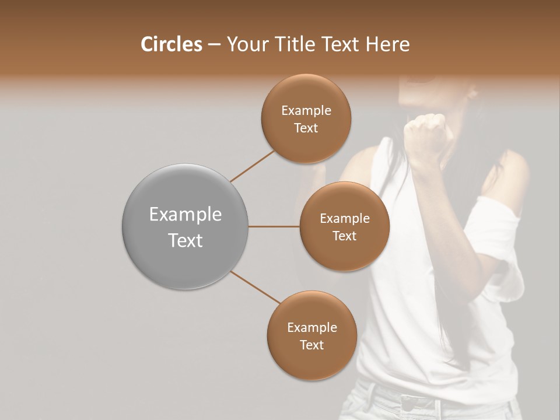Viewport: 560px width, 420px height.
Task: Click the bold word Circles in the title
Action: [x=171, y=44]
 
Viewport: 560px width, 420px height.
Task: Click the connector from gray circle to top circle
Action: [x=253, y=166]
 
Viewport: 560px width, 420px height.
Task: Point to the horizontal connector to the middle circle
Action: [x=274, y=226]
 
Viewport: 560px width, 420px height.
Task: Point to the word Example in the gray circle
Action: [x=185, y=215]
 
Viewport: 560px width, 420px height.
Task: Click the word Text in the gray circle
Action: [x=185, y=240]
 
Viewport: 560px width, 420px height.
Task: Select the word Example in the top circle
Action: [x=306, y=111]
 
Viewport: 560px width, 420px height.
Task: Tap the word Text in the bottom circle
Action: [x=311, y=345]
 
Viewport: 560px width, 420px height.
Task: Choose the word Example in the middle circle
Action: [x=345, y=219]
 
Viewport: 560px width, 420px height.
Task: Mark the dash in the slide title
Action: [x=214, y=44]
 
